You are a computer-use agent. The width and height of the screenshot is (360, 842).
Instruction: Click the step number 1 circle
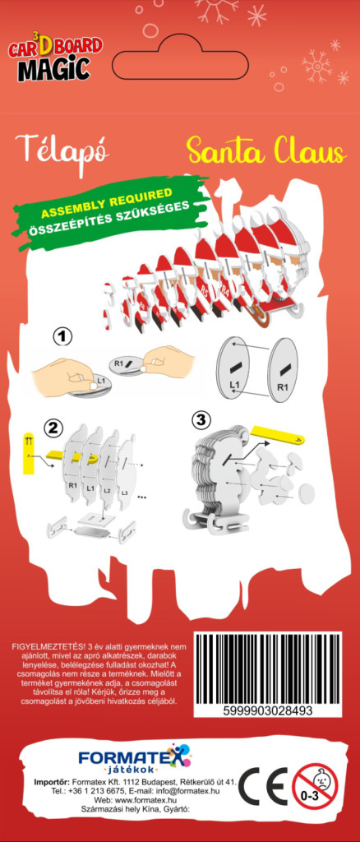click(62, 337)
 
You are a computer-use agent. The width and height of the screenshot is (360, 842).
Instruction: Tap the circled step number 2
click(53, 428)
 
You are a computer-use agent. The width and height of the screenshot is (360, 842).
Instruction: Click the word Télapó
click(62, 150)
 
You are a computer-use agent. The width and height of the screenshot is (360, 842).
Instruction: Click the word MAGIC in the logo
click(53, 70)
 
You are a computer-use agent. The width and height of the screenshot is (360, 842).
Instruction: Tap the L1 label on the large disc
click(234, 385)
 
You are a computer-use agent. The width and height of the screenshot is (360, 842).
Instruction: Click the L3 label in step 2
click(124, 493)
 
